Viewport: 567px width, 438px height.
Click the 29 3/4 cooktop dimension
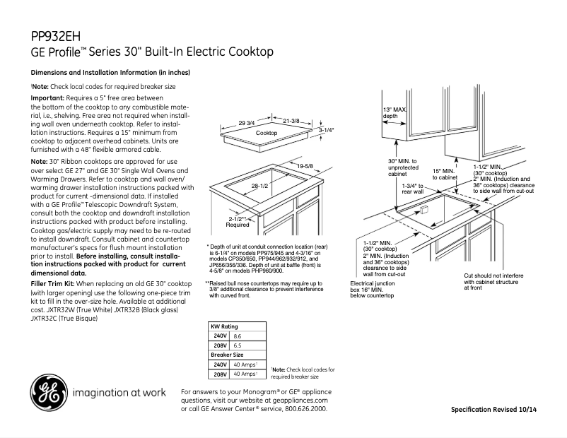(x=247, y=123)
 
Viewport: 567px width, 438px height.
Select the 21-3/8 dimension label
(x=291, y=122)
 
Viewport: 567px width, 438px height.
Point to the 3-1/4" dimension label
(x=326, y=131)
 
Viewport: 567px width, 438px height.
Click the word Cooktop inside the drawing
(x=267, y=133)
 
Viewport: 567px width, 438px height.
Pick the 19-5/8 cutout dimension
(x=305, y=166)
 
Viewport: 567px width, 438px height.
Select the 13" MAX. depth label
(x=394, y=112)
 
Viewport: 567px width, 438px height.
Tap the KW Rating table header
(x=225, y=327)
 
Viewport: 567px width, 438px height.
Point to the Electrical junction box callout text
(x=373, y=289)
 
